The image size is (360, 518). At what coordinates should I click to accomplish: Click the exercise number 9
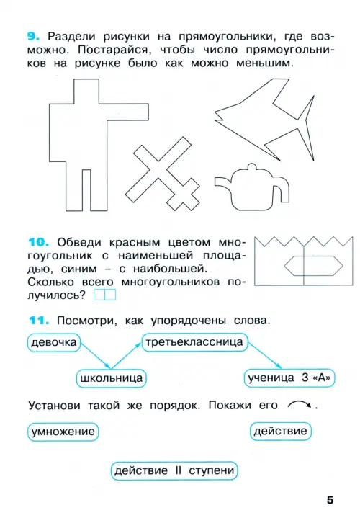(x=33, y=36)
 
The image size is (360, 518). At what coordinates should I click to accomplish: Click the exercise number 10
(x=39, y=242)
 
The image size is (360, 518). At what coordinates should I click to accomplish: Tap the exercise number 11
(x=39, y=321)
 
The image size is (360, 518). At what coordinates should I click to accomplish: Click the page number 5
(x=330, y=500)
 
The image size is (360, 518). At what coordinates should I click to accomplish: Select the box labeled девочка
(x=54, y=342)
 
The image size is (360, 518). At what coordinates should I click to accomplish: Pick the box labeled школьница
(x=112, y=378)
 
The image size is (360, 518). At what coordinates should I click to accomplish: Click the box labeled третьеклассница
(x=194, y=342)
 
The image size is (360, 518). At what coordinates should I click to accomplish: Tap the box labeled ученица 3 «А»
(x=289, y=378)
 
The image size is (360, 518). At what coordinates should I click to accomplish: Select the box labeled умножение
(x=63, y=432)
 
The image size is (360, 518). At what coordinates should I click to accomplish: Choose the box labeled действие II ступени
(x=174, y=470)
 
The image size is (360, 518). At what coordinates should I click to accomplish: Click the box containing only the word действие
(x=280, y=431)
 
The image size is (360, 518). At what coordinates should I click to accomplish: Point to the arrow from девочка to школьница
(x=95, y=355)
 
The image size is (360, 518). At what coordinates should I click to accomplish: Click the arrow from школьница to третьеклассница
(x=127, y=355)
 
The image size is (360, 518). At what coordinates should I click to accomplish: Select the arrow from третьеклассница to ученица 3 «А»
(x=265, y=355)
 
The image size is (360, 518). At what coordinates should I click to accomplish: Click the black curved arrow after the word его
(x=300, y=403)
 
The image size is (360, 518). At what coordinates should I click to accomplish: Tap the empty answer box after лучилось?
(x=104, y=295)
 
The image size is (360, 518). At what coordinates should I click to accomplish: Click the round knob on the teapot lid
(x=252, y=166)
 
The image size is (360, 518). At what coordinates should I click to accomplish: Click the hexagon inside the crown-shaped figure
(x=313, y=266)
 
